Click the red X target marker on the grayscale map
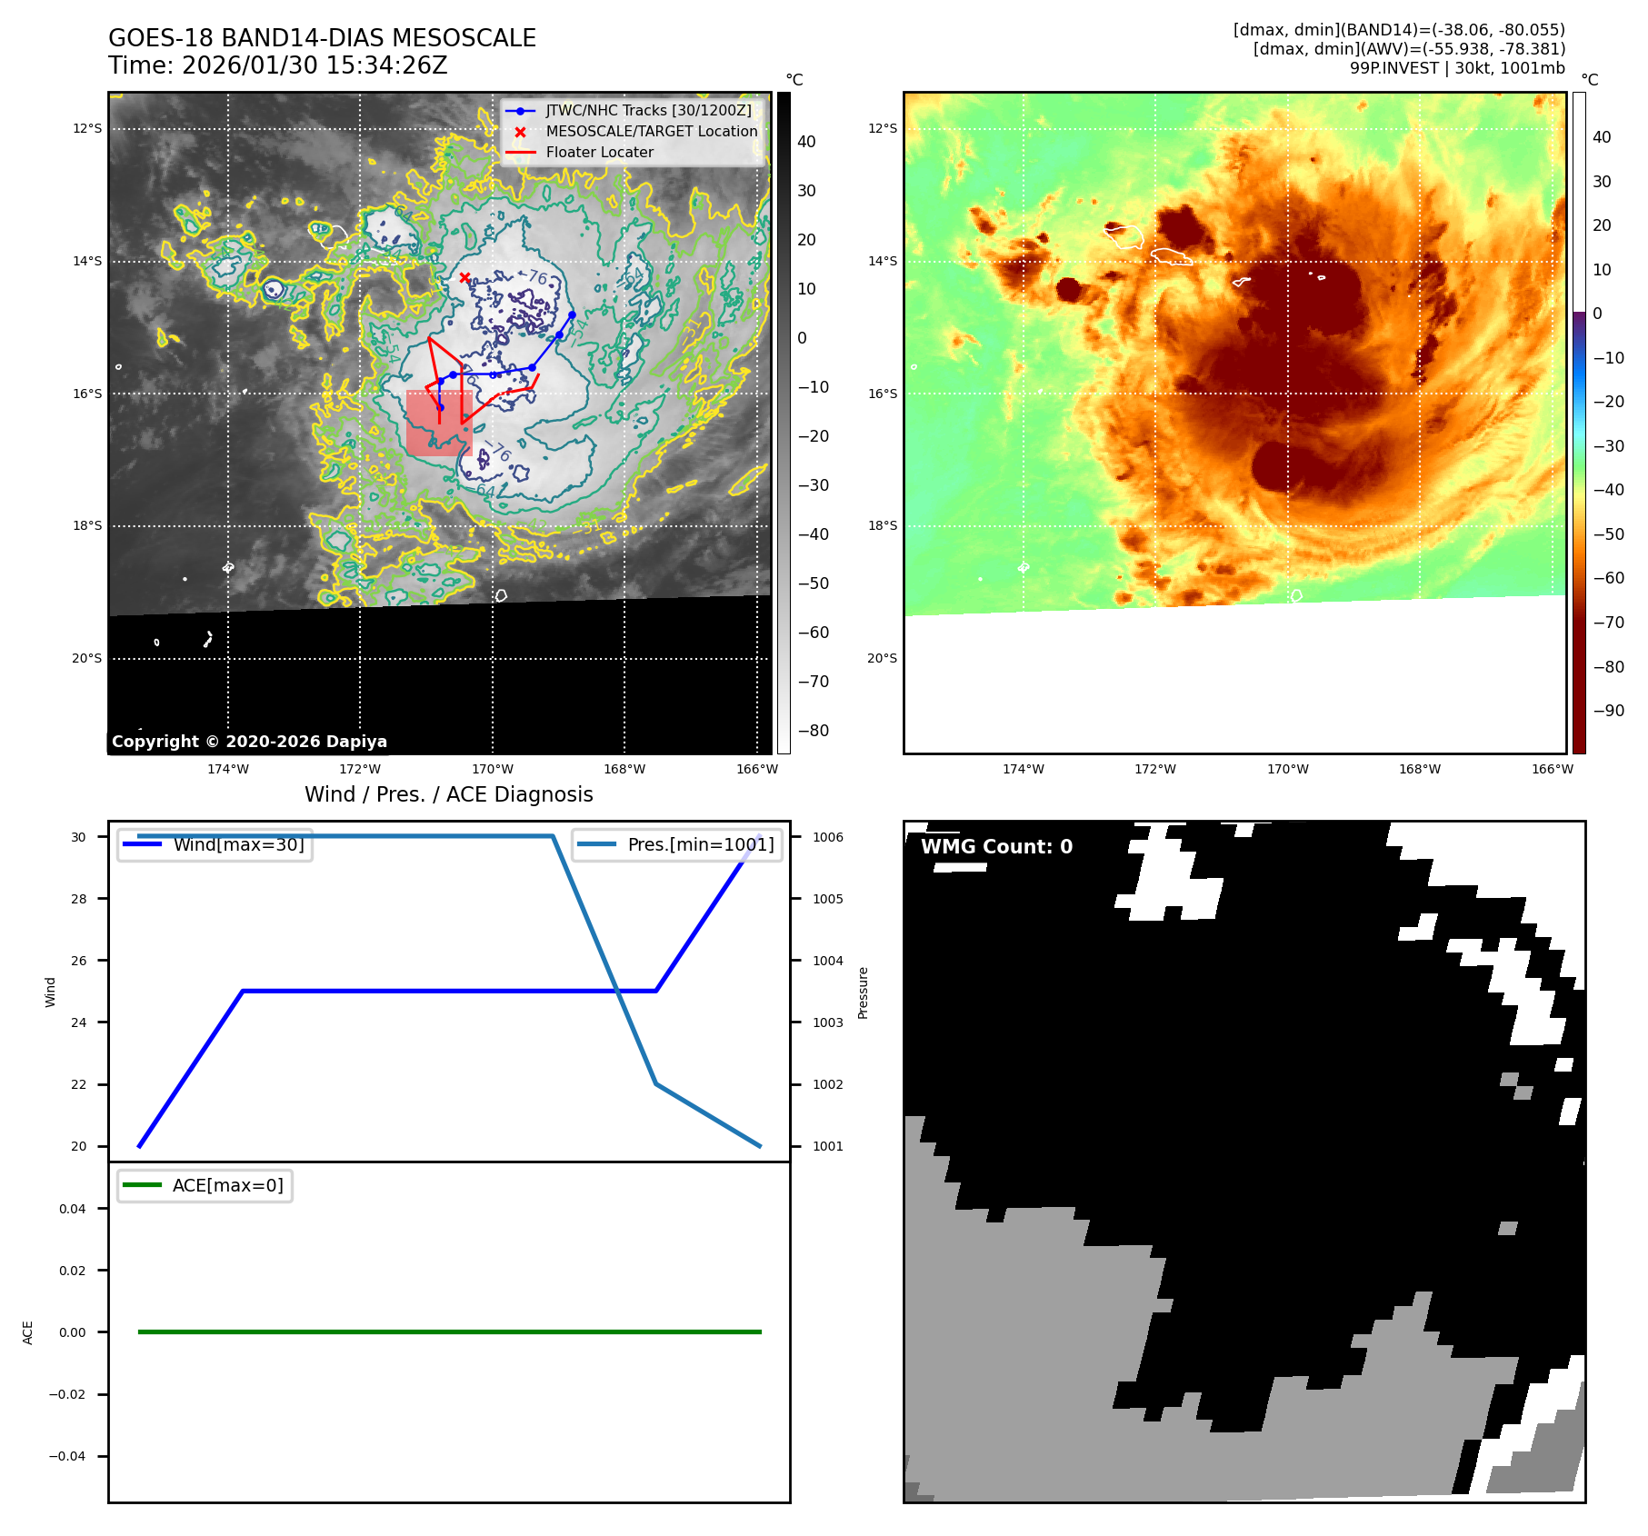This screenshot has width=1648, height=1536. pos(464,277)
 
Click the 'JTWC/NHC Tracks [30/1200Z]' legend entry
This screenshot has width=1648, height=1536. pos(648,110)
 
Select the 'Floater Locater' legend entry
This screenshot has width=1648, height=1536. pos(599,152)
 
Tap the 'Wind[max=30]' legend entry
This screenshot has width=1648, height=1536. pos(238,844)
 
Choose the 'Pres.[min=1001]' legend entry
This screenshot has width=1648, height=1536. pos(700,844)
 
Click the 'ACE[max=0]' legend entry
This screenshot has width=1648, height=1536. pos(227,1185)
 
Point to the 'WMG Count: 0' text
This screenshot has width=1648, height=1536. pos(996,846)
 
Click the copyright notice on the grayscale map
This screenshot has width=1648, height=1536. pos(249,741)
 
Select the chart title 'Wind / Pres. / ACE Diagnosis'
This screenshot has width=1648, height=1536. pos(448,794)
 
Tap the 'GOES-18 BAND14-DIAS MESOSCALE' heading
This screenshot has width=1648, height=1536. pos(322,38)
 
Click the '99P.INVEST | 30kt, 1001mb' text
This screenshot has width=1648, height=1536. pos(1456,68)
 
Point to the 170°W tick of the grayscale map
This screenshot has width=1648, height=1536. pos(493,769)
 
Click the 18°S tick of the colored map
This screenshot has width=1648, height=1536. pos(882,525)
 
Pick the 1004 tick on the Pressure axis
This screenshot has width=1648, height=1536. pos(827,961)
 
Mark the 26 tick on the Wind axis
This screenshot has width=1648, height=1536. pos(79,961)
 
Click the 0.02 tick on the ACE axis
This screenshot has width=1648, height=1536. pos(73,1271)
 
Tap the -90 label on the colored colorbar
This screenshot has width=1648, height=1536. pos(1608,711)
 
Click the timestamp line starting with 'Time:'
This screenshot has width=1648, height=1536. pos(277,65)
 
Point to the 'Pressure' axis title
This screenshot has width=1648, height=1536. pos(864,992)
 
